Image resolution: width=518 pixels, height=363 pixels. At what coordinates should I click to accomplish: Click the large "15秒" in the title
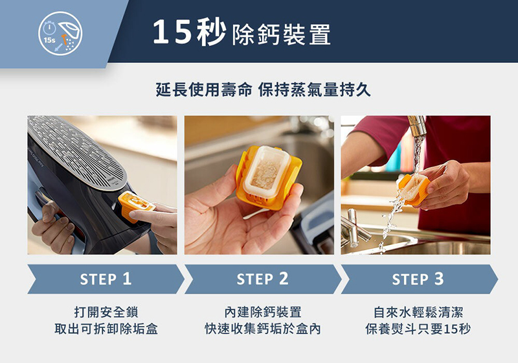point(189,32)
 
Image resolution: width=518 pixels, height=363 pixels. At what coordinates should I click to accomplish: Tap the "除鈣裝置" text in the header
point(282,34)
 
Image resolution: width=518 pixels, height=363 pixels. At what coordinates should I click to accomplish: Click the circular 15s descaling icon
point(60,34)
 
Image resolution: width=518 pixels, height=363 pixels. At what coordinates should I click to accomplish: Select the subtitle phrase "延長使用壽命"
point(204,89)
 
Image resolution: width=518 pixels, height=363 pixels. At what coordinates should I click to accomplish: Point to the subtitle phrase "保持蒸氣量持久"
point(314,89)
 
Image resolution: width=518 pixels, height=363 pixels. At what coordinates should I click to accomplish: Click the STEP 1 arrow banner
point(106,279)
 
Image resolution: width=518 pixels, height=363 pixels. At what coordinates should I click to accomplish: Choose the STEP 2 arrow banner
point(263,279)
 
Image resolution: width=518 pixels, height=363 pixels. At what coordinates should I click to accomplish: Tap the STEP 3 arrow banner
point(419,279)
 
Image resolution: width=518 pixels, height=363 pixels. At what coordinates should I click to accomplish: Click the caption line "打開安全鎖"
point(106,312)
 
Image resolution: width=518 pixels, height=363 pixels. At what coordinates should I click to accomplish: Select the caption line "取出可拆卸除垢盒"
point(106,329)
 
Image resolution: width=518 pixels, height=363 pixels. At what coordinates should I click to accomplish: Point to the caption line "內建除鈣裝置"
point(263,312)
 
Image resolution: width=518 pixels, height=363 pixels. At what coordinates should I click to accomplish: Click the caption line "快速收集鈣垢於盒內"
point(263,329)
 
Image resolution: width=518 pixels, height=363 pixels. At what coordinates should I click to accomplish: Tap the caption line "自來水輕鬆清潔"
point(418,312)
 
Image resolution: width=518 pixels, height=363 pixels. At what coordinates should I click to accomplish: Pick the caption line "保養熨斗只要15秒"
point(418,329)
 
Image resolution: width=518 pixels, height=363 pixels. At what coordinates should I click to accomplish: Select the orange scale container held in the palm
point(268,177)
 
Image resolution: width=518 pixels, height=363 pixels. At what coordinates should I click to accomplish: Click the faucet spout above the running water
point(417,126)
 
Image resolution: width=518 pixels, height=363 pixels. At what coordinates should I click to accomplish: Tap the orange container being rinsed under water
point(413,189)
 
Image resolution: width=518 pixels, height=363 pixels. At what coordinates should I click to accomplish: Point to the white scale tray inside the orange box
point(267,172)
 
